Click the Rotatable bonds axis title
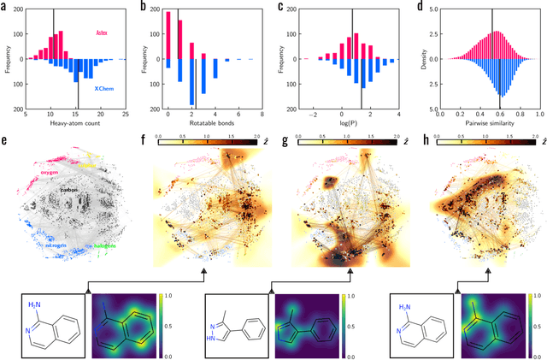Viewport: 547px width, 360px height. [205, 124]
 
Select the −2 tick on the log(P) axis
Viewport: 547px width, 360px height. [313, 115]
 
